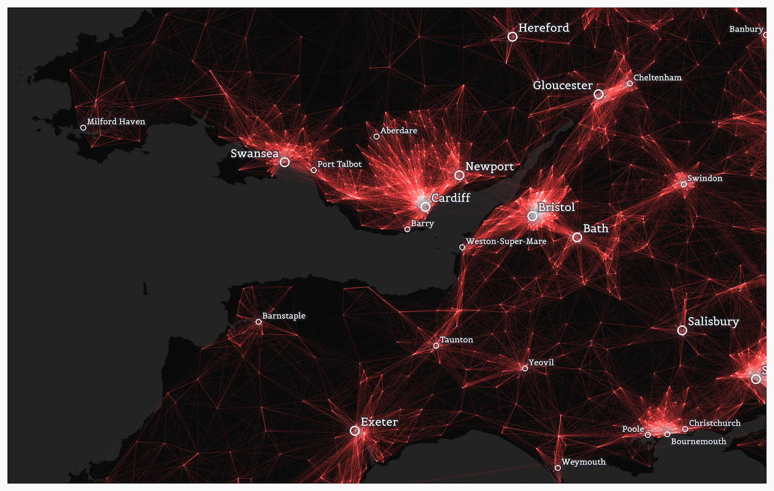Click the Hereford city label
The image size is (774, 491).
543,28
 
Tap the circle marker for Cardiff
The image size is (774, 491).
425,207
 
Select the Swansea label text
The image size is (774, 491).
254,154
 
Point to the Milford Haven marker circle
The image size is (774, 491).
83,128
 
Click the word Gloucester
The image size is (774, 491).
563,86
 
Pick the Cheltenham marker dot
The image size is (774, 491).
630,84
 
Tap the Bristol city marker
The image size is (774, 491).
532,216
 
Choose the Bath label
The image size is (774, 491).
595,228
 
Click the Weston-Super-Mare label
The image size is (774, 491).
506,241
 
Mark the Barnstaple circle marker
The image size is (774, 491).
258,322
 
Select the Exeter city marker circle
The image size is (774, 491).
355,431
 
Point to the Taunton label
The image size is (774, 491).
456,340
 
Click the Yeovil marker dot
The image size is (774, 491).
525,369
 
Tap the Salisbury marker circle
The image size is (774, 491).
682,330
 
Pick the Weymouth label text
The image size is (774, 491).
583,462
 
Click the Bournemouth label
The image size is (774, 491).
698,441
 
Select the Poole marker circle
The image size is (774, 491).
648,435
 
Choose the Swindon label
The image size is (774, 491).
705,179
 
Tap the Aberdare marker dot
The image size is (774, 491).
376,136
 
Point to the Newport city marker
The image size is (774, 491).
459,175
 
